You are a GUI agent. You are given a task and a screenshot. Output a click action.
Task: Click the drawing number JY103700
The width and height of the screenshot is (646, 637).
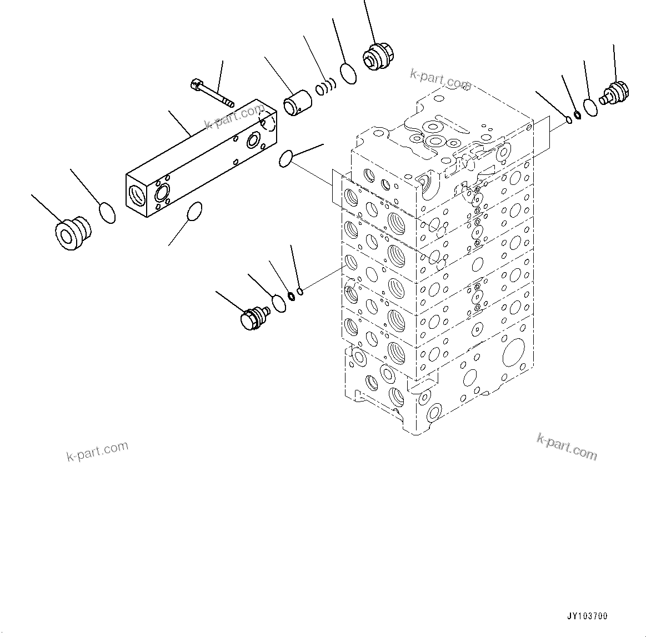pyautogui.click(x=587, y=616)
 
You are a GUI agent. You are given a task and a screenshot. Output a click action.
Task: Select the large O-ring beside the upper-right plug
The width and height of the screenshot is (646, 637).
pyautogui.click(x=590, y=107)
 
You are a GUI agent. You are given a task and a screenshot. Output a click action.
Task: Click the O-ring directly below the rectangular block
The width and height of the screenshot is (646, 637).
pyautogui.click(x=194, y=212)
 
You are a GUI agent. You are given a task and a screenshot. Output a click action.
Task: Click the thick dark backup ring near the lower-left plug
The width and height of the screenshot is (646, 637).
pyautogui.click(x=290, y=295)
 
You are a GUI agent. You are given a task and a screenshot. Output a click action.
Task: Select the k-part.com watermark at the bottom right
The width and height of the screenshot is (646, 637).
pyautogui.click(x=567, y=447)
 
